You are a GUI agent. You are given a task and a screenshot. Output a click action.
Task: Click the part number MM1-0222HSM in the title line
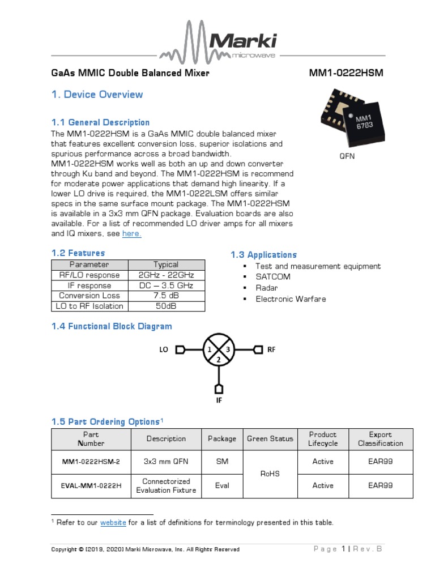342,74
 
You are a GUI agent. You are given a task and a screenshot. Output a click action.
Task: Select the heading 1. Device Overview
97,95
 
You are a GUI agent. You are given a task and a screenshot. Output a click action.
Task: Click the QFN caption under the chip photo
347,156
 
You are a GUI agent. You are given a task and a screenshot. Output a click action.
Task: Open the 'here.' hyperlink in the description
131,233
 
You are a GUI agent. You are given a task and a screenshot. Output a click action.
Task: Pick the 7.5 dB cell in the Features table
166,296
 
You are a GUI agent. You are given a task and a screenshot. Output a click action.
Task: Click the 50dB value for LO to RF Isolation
166,306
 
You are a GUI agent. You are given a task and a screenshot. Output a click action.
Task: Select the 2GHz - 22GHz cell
166,275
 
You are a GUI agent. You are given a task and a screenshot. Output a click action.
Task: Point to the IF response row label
89,285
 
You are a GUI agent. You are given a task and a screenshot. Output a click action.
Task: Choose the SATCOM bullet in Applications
272,277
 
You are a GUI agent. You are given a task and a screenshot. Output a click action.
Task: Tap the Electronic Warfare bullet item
291,298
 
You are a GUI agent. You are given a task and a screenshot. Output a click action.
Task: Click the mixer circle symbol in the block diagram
218,350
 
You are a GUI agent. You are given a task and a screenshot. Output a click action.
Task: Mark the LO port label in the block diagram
164,350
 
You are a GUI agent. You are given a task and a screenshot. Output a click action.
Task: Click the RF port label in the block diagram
271,350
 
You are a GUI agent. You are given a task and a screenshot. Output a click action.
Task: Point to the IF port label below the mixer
218,401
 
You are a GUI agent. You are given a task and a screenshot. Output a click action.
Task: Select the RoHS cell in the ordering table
270,474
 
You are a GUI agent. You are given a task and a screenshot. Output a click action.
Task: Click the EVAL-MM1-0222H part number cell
91,486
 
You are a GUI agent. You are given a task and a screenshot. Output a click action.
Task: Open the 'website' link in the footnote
113,523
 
